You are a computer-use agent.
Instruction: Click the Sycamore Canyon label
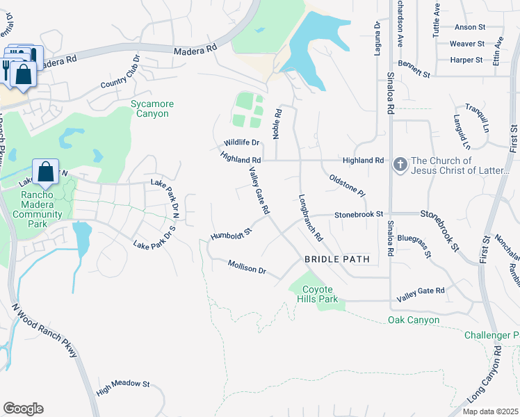click(152, 108)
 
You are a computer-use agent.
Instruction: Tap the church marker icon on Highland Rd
click(400, 165)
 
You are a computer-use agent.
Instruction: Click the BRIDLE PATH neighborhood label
click(336, 259)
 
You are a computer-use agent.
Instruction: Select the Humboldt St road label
click(230, 231)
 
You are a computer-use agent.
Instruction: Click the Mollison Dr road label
click(247, 266)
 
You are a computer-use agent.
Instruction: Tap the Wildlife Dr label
click(241, 142)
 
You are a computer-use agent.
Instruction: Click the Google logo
click(23, 409)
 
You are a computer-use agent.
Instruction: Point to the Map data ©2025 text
click(489, 411)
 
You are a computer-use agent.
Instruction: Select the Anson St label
click(469, 27)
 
